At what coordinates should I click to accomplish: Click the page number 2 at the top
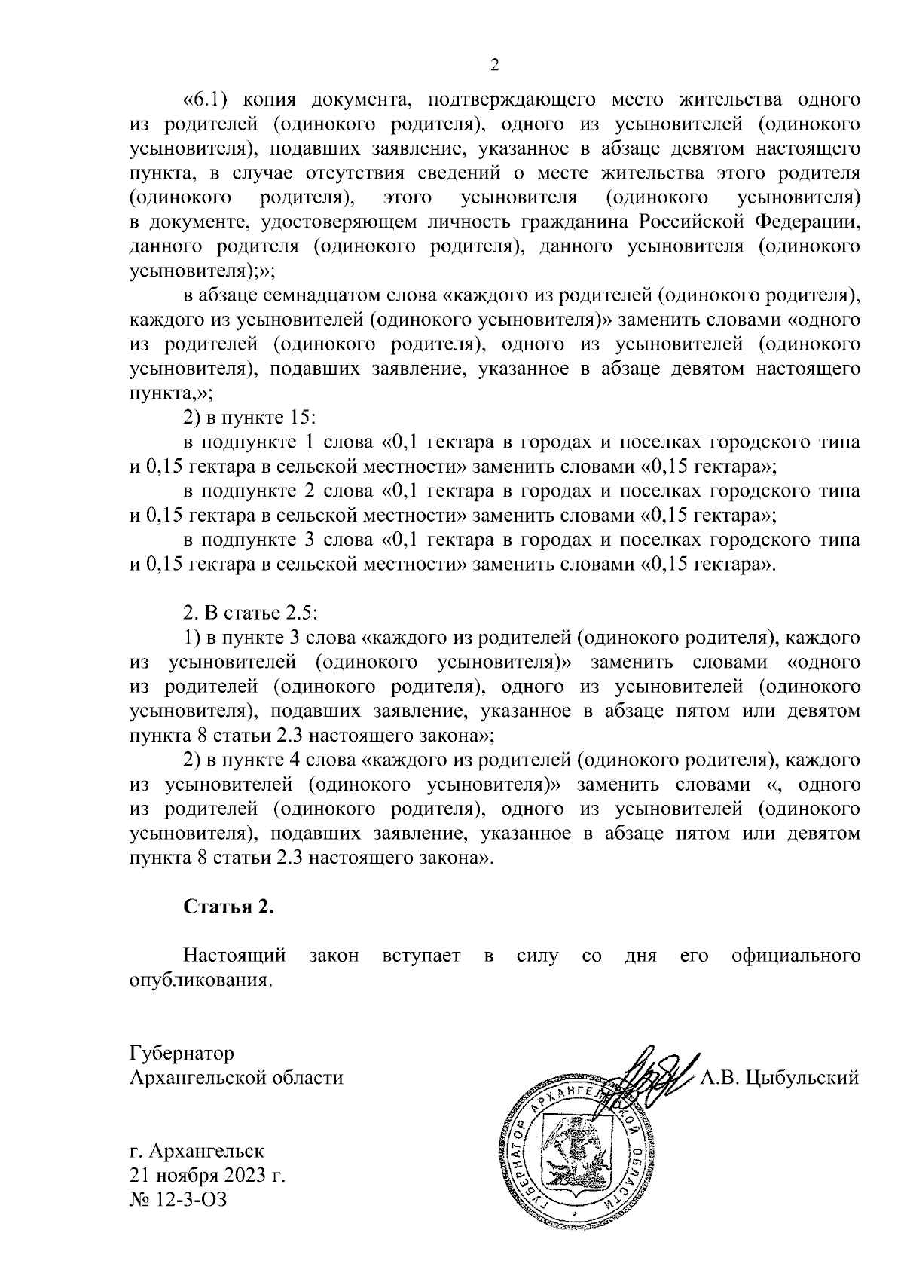pos(495,66)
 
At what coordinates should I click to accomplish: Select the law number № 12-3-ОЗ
pos(179,1198)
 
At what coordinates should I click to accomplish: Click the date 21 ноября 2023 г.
pos(208,1175)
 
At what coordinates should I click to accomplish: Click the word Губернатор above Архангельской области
pos(182,1053)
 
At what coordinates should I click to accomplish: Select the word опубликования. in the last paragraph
pos(200,981)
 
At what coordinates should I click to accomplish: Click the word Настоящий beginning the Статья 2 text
pos(235,956)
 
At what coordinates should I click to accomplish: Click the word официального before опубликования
pos(796,956)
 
